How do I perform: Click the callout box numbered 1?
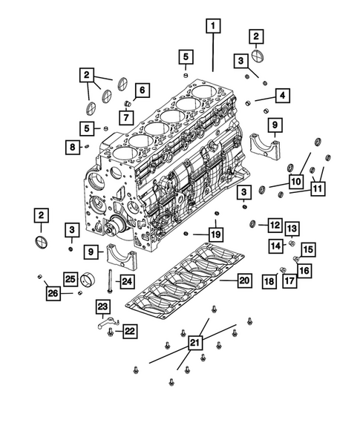click(x=213, y=27)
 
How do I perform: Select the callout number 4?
click(x=284, y=96)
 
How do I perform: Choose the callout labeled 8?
click(x=71, y=148)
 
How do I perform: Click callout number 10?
click(x=295, y=180)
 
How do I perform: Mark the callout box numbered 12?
click(x=274, y=224)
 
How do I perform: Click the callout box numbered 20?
click(x=244, y=280)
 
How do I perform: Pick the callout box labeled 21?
click(x=194, y=342)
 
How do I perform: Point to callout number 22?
click(x=128, y=331)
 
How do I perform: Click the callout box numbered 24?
click(x=127, y=280)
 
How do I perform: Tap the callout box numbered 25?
click(x=69, y=279)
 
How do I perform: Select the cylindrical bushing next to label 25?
click(x=91, y=280)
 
